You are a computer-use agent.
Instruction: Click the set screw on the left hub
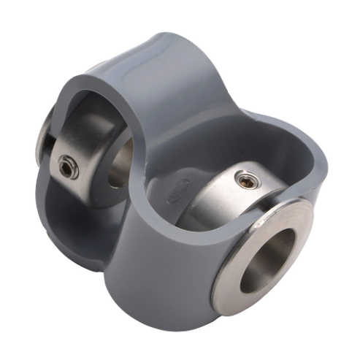click(x=69, y=167)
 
